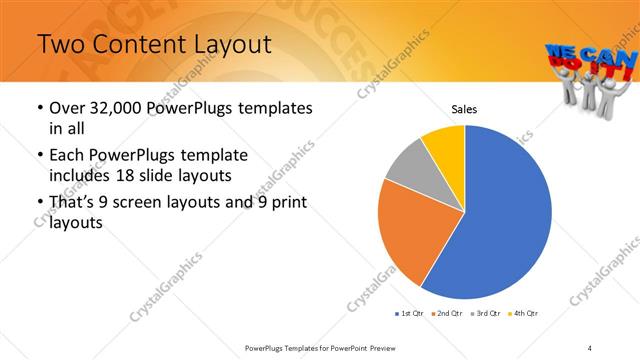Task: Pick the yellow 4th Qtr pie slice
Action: (444, 146)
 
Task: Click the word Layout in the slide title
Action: (226, 44)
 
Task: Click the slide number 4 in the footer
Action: (590, 347)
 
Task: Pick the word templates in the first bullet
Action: (273, 108)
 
